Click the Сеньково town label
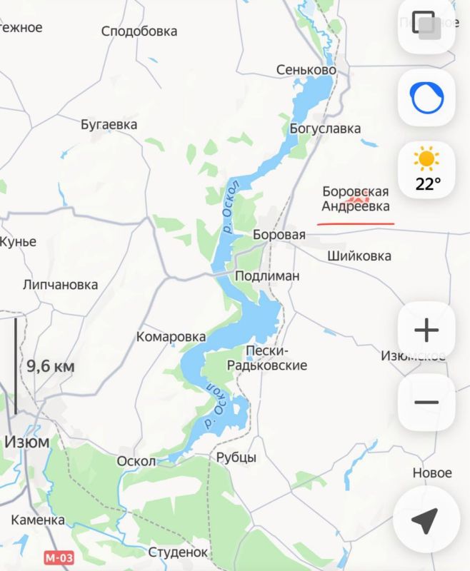pos(306,70)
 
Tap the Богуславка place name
pos(325,128)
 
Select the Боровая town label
pos(279,235)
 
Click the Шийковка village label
pos(359,256)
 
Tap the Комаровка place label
pos(171,337)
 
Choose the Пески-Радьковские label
pos(266,358)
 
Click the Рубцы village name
pos(236,458)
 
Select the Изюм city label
pos(27,441)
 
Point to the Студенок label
pos(178,552)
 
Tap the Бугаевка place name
pos(109,124)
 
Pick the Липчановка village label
pos(60,285)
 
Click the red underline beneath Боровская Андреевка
pos(356,223)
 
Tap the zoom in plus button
pos(426,330)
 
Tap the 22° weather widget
pos(427,169)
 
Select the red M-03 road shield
pos(59,557)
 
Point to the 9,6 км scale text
pos(50,367)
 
